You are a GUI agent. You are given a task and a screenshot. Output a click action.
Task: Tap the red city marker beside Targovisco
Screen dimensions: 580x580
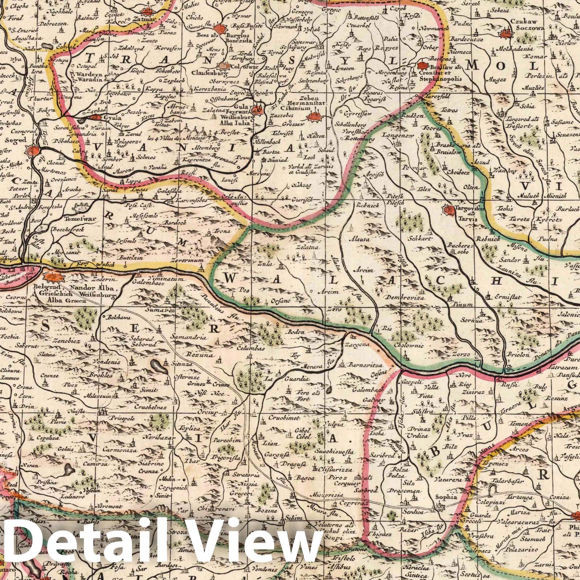tap(448, 210)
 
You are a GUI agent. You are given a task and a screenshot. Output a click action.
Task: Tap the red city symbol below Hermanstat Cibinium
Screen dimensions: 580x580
tap(313, 117)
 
